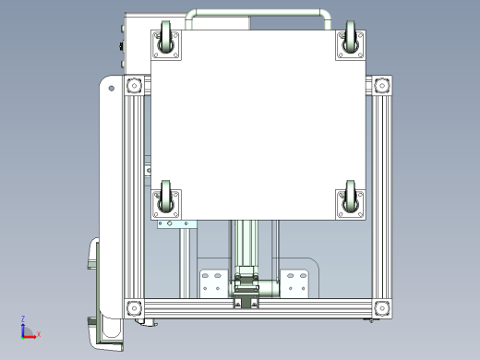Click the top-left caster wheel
pos(166,38)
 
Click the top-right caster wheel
pos(350,38)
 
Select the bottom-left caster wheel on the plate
pos(166,197)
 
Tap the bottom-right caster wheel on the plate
pos(350,197)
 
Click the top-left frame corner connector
pos(134,85)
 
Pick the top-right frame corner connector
pos(382,85)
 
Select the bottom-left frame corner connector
pos(134,308)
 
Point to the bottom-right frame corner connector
pos(382,308)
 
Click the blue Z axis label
pos(23,318)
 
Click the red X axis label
pos(39,334)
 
